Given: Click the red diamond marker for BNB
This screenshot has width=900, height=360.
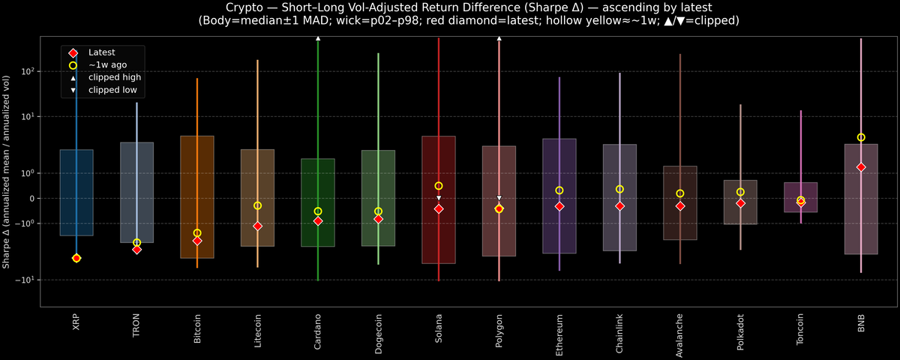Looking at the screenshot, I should click(x=861, y=167).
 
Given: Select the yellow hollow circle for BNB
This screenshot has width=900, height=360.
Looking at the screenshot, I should click(x=861, y=137).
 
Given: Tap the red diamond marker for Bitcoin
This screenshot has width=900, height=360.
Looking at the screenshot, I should click(x=197, y=241).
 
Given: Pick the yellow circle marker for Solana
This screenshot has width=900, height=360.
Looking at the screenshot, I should click(x=439, y=186).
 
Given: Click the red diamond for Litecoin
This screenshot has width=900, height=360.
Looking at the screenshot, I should click(x=257, y=226).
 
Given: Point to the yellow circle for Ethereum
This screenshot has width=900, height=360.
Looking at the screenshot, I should click(x=559, y=190).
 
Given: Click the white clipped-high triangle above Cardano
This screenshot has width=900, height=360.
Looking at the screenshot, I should click(x=318, y=37).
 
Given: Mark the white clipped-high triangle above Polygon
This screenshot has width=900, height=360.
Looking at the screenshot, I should click(x=499, y=37).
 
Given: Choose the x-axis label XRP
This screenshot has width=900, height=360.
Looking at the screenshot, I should click(x=76, y=323).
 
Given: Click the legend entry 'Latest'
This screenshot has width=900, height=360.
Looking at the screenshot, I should click(x=100, y=52).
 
